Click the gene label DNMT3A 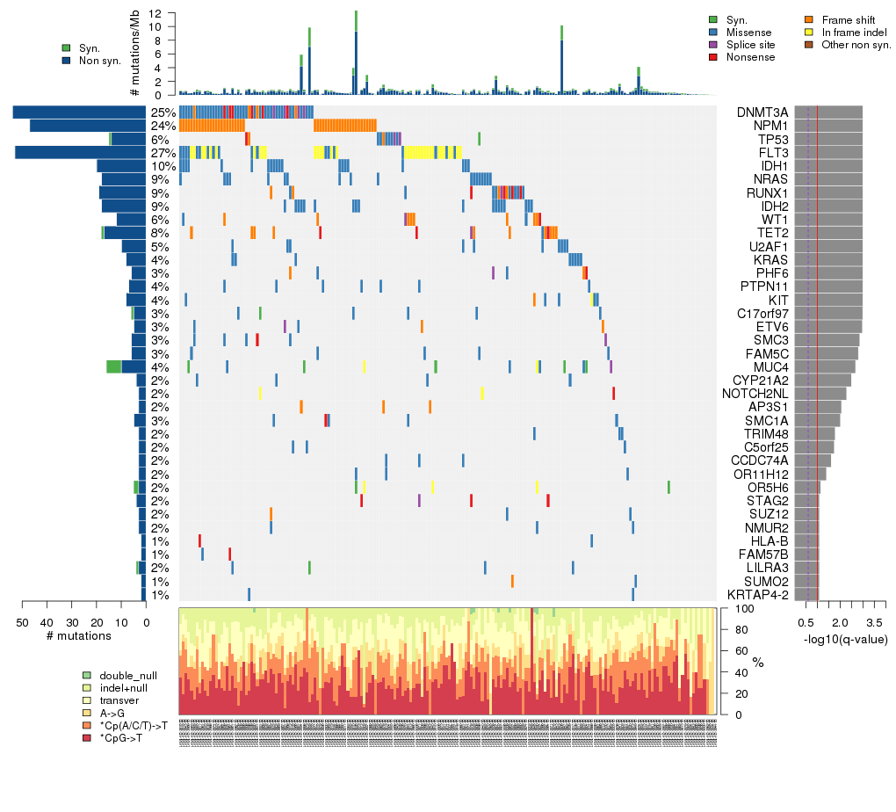(762, 112)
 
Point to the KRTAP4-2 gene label (757, 595)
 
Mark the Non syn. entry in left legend (67, 60)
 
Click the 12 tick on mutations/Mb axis (155, 13)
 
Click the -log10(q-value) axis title (844, 639)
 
